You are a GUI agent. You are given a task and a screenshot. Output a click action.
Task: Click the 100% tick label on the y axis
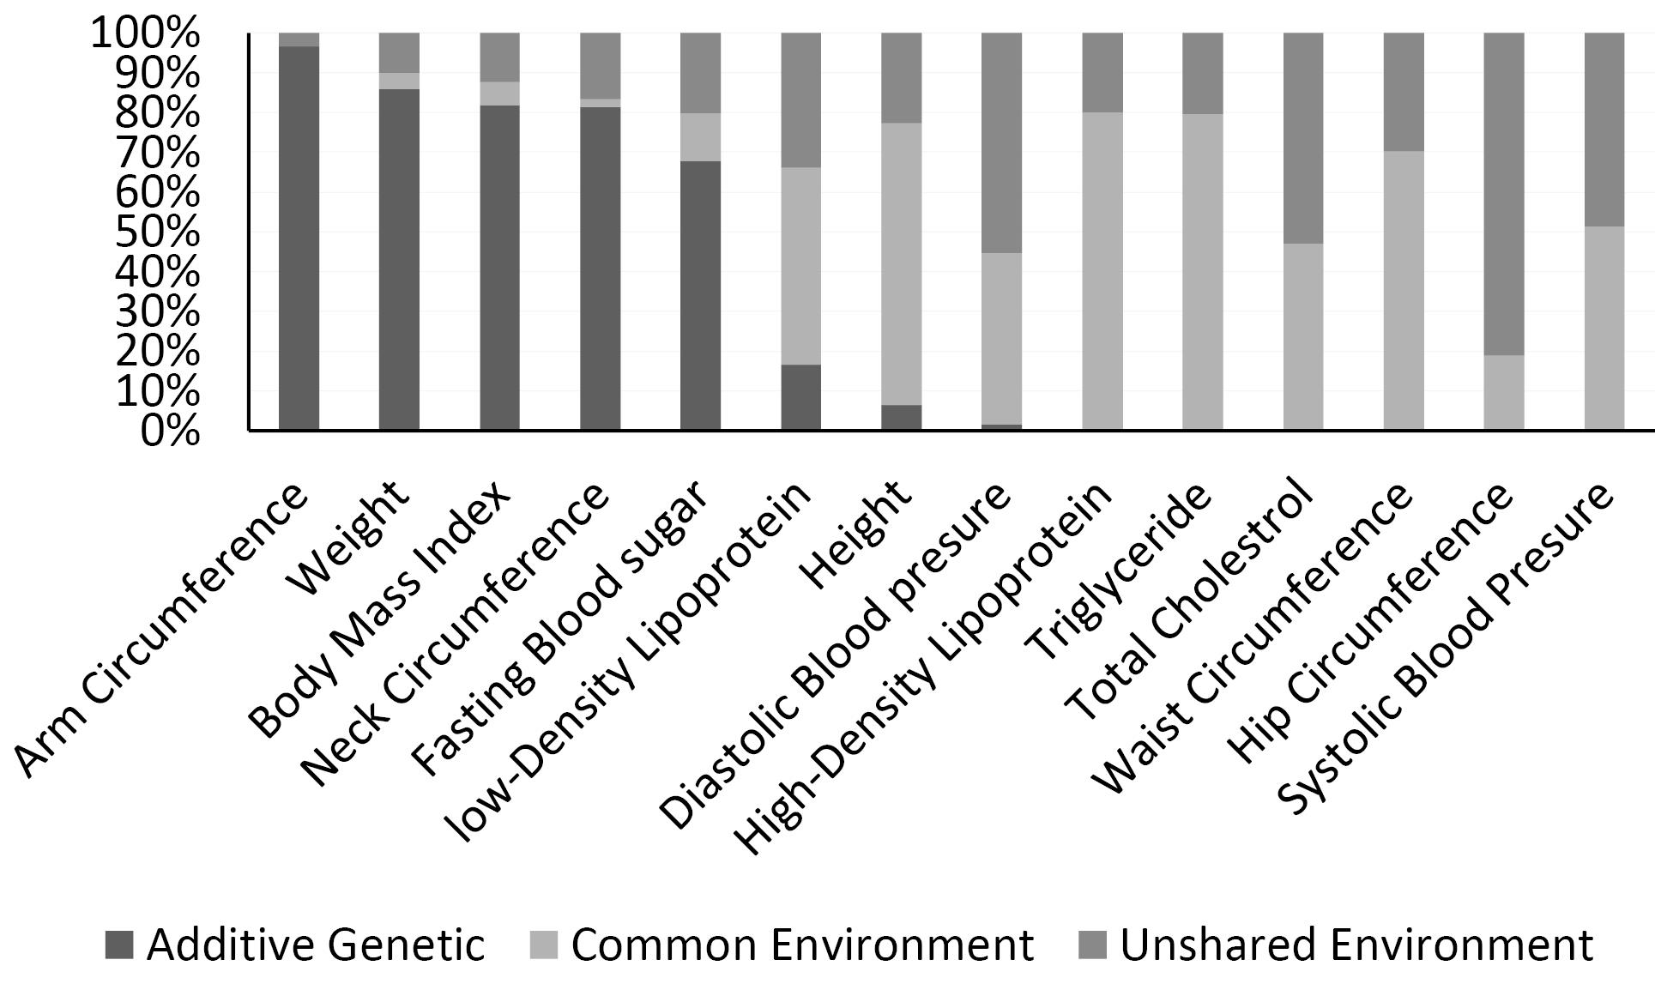pyautogui.click(x=144, y=34)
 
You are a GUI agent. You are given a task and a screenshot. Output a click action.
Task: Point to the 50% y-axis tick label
pyautogui.click(x=156, y=232)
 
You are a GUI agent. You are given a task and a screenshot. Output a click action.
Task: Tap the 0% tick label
pyautogui.click(x=169, y=431)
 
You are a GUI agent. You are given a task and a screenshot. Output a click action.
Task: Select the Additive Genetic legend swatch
pyautogui.click(x=118, y=945)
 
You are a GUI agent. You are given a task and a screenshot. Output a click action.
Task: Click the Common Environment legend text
pyautogui.click(x=802, y=945)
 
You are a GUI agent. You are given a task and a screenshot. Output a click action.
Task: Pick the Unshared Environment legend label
pyautogui.click(x=1356, y=945)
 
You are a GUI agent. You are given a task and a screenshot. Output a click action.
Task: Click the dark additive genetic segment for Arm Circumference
pyautogui.click(x=299, y=238)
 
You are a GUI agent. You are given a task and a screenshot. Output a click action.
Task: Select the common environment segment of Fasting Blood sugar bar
pyautogui.click(x=700, y=137)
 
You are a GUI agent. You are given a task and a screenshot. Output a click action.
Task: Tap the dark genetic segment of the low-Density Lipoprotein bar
pyautogui.click(x=800, y=397)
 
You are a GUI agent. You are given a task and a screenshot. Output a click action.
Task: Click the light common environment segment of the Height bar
pyautogui.click(x=901, y=264)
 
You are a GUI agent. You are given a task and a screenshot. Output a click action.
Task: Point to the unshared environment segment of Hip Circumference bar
pyautogui.click(x=1504, y=195)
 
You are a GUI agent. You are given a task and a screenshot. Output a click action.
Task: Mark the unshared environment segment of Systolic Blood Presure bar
pyautogui.click(x=1604, y=130)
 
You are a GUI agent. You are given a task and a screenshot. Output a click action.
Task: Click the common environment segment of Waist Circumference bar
pyautogui.click(x=1404, y=291)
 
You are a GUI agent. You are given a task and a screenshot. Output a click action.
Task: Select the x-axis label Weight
pyautogui.click(x=348, y=537)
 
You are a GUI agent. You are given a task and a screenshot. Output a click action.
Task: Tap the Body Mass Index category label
pyautogui.click(x=379, y=608)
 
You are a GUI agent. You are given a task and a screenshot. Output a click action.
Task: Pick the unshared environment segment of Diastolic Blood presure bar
pyautogui.click(x=1001, y=143)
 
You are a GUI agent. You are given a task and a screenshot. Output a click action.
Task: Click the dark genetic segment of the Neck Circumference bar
pyautogui.click(x=600, y=269)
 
